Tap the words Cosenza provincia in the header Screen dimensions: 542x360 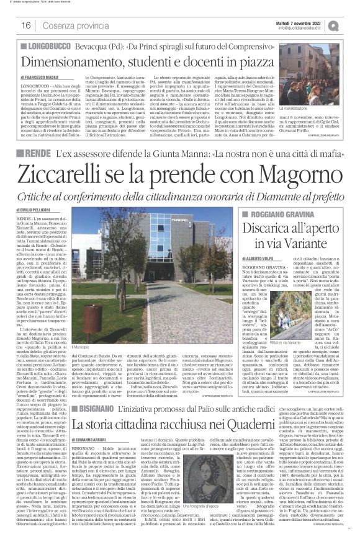click(70, 25)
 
